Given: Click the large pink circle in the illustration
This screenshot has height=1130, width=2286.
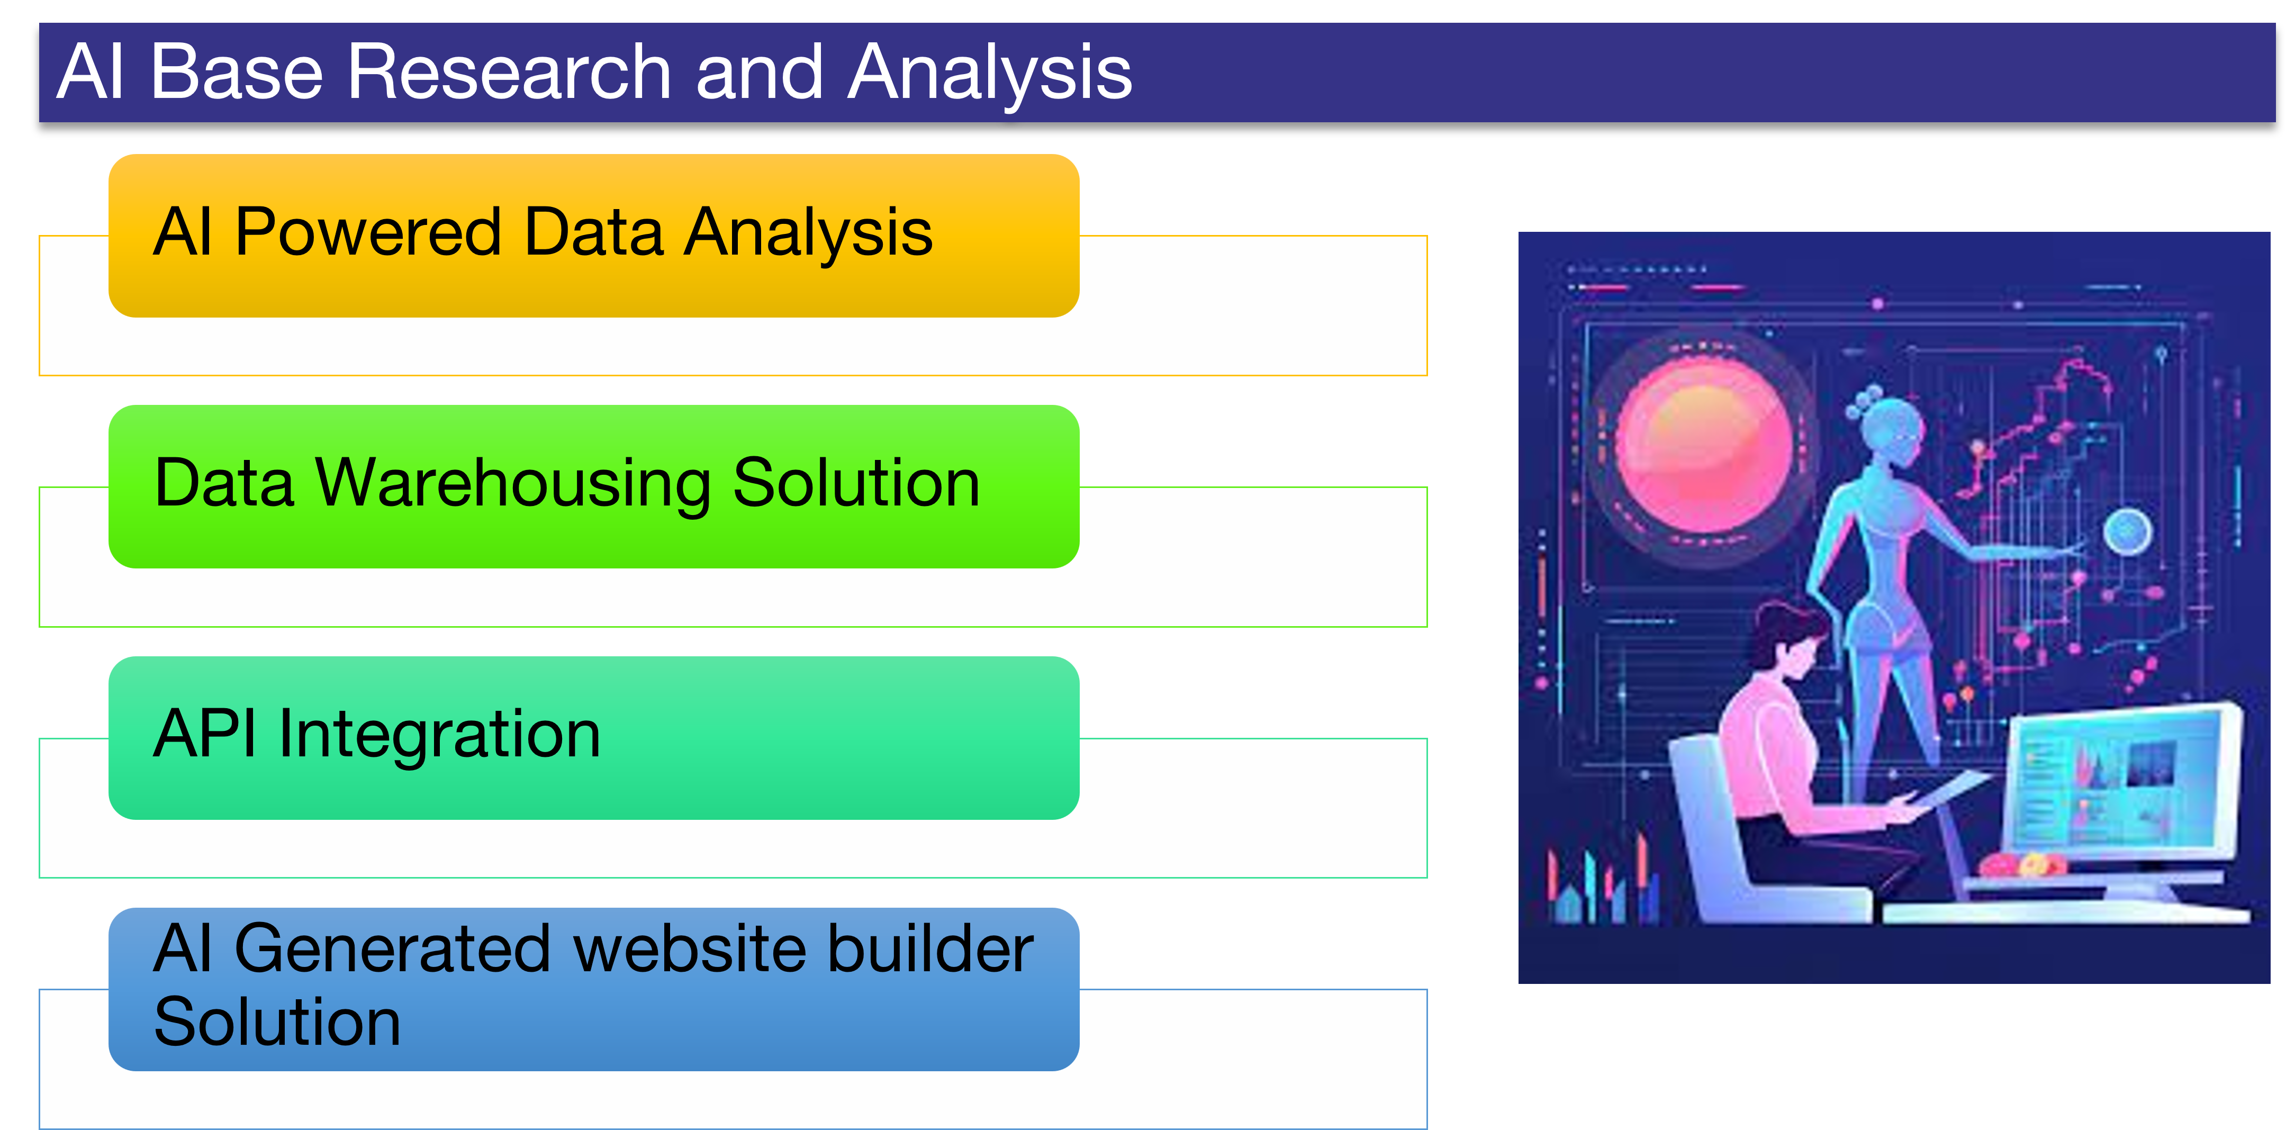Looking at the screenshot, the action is point(1703,447).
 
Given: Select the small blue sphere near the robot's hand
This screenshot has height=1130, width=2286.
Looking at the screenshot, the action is point(2127,532).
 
